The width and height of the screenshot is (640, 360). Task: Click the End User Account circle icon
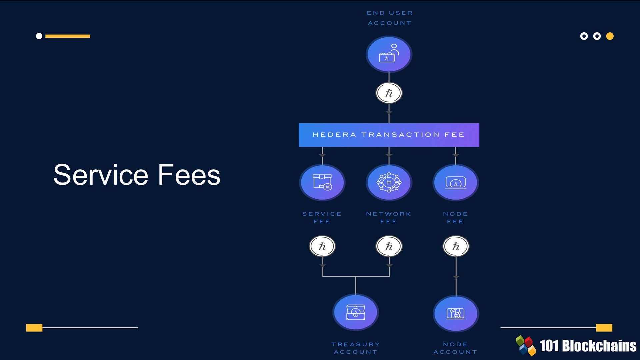point(389,54)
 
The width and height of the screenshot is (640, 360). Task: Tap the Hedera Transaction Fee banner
point(389,135)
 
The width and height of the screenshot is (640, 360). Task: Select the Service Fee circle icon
point(322,182)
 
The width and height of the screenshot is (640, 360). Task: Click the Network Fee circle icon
point(389,182)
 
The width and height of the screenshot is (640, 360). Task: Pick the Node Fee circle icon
point(456,182)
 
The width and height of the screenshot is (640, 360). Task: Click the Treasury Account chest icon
point(356,312)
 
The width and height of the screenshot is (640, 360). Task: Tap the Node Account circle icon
point(456,313)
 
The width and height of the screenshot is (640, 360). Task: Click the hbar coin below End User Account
point(389,93)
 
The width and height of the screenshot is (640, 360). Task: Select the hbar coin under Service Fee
point(322,246)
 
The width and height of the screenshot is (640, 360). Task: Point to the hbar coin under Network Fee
point(389,246)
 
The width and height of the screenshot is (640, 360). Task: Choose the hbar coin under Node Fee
point(456,246)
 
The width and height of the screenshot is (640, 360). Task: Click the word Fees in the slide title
point(189,175)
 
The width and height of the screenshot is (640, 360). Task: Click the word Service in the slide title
point(101,175)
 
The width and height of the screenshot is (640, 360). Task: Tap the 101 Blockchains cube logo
point(526,345)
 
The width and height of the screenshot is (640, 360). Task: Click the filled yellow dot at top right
point(610,36)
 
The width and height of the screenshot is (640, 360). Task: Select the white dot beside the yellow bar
point(39,36)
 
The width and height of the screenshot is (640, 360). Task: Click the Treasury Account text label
point(356,348)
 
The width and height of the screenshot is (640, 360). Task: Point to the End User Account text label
point(390,18)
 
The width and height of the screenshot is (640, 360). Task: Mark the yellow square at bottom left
point(34,328)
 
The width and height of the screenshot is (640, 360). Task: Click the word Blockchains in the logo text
point(599,346)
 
